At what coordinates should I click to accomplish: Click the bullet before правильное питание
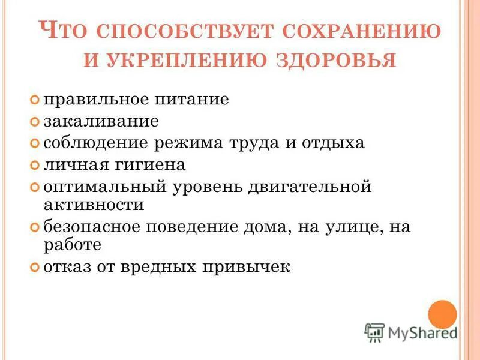click(x=35, y=98)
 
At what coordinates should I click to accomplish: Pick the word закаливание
click(x=101, y=121)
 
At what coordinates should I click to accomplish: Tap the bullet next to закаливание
click(x=35, y=122)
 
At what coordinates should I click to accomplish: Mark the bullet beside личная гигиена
click(x=35, y=164)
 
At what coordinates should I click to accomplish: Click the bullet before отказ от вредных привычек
click(x=35, y=267)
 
